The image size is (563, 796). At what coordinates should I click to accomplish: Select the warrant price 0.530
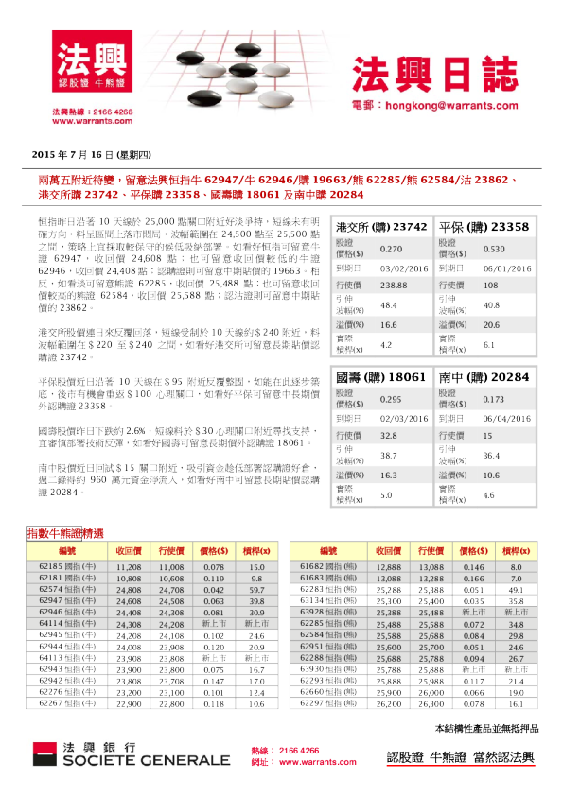494,250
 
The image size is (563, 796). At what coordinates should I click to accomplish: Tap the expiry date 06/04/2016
508,417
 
